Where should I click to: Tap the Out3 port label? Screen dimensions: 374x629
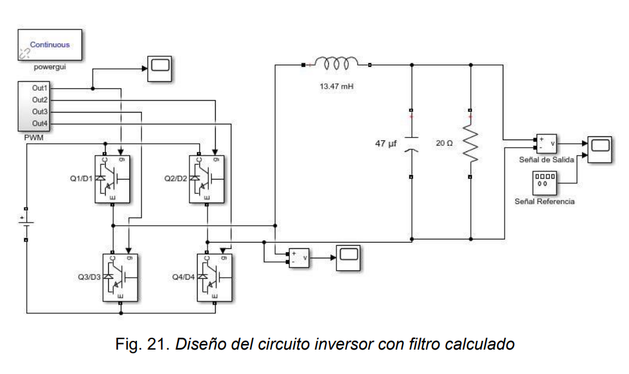coord(40,111)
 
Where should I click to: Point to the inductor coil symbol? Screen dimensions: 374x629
coord(336,63)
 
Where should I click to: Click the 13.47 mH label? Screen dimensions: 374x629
coord(336,86)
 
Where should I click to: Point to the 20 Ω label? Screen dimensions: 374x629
coord(444,143)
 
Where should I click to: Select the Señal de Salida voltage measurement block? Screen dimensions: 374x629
coord(546,143)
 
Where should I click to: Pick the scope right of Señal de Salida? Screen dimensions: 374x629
coord(599,148)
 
